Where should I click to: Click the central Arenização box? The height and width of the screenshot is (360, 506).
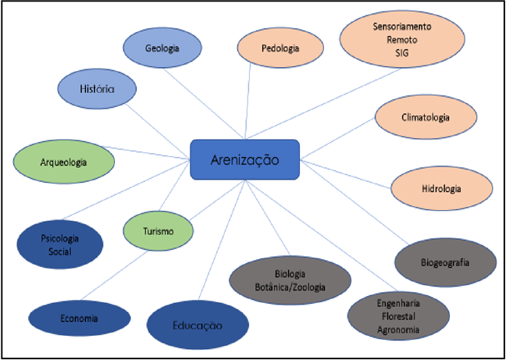tap(244, 159)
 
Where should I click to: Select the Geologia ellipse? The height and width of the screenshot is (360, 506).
tap(162, 48)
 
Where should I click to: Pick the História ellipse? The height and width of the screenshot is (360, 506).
tap(98, 89)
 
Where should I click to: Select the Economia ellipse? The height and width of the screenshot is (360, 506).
tap(78, 318)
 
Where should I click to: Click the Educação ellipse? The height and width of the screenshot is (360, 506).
tap(197, 324)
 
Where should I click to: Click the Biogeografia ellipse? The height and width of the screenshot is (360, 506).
tap(445, 262)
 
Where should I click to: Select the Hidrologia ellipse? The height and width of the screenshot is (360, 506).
tap(441, 189)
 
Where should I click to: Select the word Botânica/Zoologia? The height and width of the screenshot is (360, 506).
tap(290, 288)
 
